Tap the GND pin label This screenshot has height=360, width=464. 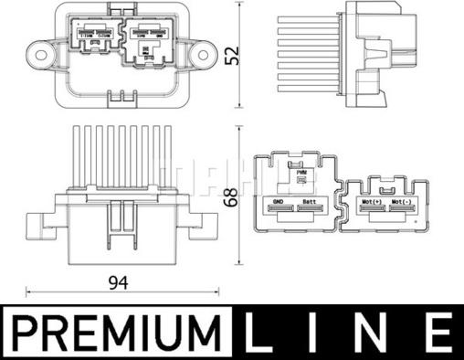pyautogui.click(x=279, y=201)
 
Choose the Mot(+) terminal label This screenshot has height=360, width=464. pyautogui.click(x=373, y=201)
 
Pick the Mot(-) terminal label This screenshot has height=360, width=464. pyautogui.click(x=402, y=201)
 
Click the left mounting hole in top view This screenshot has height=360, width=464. pyautogui.click(x=38, y=47)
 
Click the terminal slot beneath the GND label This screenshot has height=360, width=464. pyautogui.click(x=279, y=210)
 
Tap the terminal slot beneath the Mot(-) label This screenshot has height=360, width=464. pyautogui.click(x=402, y=210)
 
